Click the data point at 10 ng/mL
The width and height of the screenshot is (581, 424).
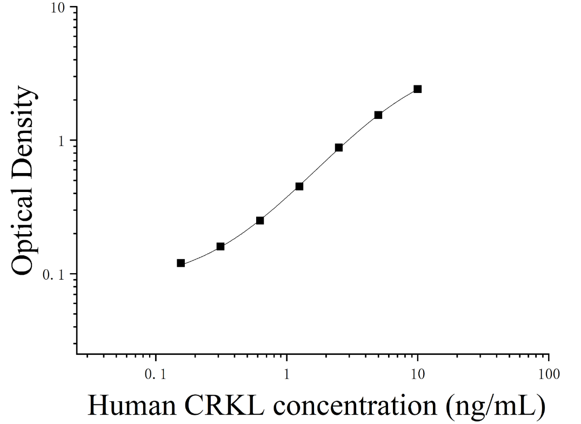tap(418, 89)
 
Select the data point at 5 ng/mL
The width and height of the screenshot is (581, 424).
tap(378, 115)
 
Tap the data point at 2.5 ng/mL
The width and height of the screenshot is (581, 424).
tap(339, 148)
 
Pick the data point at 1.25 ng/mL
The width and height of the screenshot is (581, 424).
tap(299, 186)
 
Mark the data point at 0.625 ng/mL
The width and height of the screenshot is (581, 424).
tap(260, 221)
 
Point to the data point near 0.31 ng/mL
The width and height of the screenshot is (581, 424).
tap(221, 247)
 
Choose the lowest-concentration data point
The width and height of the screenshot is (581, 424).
tap(181, 263)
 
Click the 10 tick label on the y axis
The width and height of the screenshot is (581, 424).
tap(58, 8)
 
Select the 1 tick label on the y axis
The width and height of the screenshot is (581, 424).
tap(62, 141)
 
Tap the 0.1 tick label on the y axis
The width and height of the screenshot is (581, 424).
tap(54, 275)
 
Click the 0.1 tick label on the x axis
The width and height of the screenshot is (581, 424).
tap(155, 374)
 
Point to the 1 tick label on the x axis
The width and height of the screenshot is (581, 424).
tap(287, 374)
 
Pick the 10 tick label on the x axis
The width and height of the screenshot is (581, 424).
tap(418, 374)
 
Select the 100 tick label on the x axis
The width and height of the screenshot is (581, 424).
tap(549, 374)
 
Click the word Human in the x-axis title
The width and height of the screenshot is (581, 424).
tap(132, 405)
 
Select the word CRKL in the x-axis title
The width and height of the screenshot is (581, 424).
tap(224, 405)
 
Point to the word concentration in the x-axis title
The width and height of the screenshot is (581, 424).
tap(355, 406)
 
